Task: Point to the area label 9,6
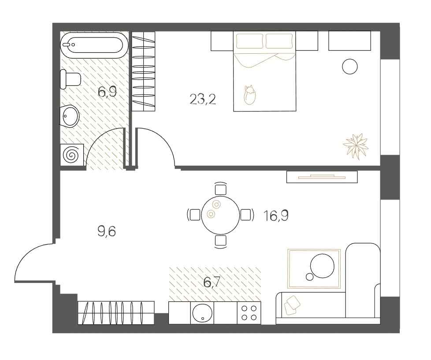[x=107, y=230]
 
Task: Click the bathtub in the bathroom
[x=93, y=46]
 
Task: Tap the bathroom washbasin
[x=70, y=116]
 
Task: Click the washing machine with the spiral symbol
[x=72, y=155]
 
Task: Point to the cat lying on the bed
[x=249, y=95]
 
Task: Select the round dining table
[x=220, y=215]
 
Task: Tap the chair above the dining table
[x=220, y=189]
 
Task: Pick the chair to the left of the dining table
[x=194, y=215]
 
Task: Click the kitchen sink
[x=202, y=313]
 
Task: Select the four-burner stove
[x=249, y=313]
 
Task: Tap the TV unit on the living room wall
[x=322, y=177]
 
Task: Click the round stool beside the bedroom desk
[x=349, y=67]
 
